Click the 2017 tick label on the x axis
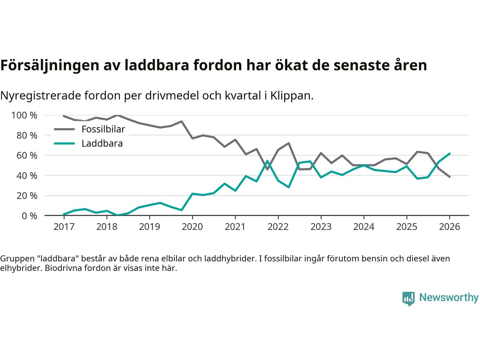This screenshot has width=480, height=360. pos(64,227)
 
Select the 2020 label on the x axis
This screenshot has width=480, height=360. pos(192,227)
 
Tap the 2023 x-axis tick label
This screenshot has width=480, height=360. pos(321,227)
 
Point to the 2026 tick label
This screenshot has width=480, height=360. pos(449,227)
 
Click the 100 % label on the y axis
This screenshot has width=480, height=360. pos(24,115)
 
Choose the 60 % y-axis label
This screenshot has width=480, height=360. pos(27,155)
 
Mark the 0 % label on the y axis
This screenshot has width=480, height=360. pos(29,216)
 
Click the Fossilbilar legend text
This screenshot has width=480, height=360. pos(103,129)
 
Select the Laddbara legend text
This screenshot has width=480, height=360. pos(102,143)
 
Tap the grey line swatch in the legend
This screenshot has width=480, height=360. pos(64,129)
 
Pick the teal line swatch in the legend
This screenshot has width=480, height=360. pos(64,143)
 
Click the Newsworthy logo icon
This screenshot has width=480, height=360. pos(408,298)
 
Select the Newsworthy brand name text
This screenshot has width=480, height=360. pos(448,298)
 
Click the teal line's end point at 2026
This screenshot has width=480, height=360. pos(450,153)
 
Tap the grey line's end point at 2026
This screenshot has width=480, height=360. pos(450,177)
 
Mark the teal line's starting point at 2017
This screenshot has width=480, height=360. pos(64,214)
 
